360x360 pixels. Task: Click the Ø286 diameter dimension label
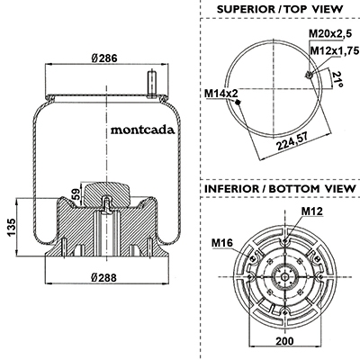(x=104, y=58)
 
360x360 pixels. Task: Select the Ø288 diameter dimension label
(x=103, y=278)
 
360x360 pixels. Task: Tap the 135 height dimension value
(x=11, y=228)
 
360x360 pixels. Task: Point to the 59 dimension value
(x=76, y=193)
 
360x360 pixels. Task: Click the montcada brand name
(x=143, y=130)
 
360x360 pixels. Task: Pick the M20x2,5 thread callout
(x=330, y=33)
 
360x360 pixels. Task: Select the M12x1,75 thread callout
(x=335, y=50)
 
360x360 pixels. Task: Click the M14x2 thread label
(x=221, y=94)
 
